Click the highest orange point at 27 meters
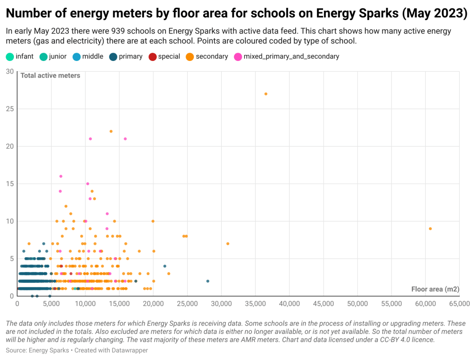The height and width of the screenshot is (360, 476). [x=266, y=94]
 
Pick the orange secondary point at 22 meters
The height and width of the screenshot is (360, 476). [x=111, y=131]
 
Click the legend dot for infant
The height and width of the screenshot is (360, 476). [x=10, y=57]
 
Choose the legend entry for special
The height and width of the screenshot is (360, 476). [x=165, y=57]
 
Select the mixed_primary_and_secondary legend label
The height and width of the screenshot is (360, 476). [x=291, y=57]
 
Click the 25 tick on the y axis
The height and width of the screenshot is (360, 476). [x=9, y=109]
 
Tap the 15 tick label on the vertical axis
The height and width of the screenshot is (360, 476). [x=9, y=184]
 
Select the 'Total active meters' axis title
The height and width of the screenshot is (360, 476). [x=50, y=75]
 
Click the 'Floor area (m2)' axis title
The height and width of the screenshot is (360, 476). [x=435, y=289]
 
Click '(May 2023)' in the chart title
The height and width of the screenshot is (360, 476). [x=434, y=13]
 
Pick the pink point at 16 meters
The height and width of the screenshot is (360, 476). [x=61, y=176]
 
